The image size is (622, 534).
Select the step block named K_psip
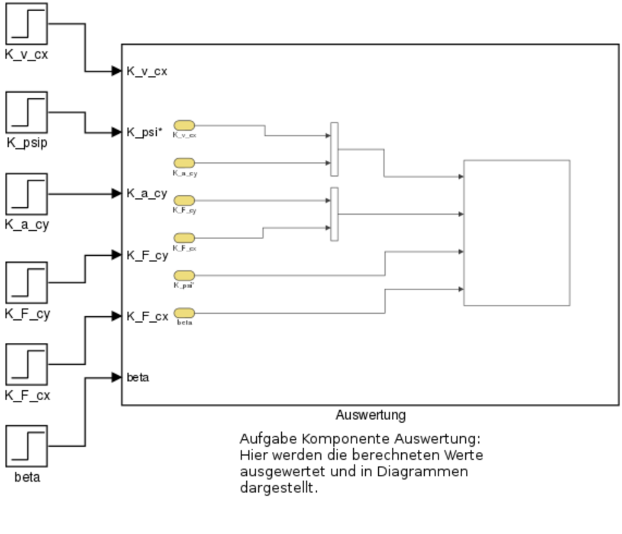pos(27,112)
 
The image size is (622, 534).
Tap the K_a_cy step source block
pos(27,194)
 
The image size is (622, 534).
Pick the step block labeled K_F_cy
pos(27,283)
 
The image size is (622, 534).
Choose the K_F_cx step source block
pos(27,364)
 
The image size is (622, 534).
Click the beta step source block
pos(27,446)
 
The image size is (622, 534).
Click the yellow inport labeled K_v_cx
pos(184,126)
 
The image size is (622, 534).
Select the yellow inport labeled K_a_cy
pos(184,163)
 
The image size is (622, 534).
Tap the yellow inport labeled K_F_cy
pos(184,200)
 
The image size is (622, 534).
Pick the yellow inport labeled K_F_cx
pos(184,238)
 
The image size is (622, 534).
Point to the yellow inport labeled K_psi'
pos(184,275)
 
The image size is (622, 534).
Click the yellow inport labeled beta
pos(184,312)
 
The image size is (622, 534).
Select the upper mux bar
pos(334,149)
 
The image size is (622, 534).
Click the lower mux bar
pos(334,214)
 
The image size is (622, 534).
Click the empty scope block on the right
pos(516,233)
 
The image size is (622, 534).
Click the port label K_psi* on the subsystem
pos(145,132)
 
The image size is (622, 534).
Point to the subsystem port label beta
pos(137,377)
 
